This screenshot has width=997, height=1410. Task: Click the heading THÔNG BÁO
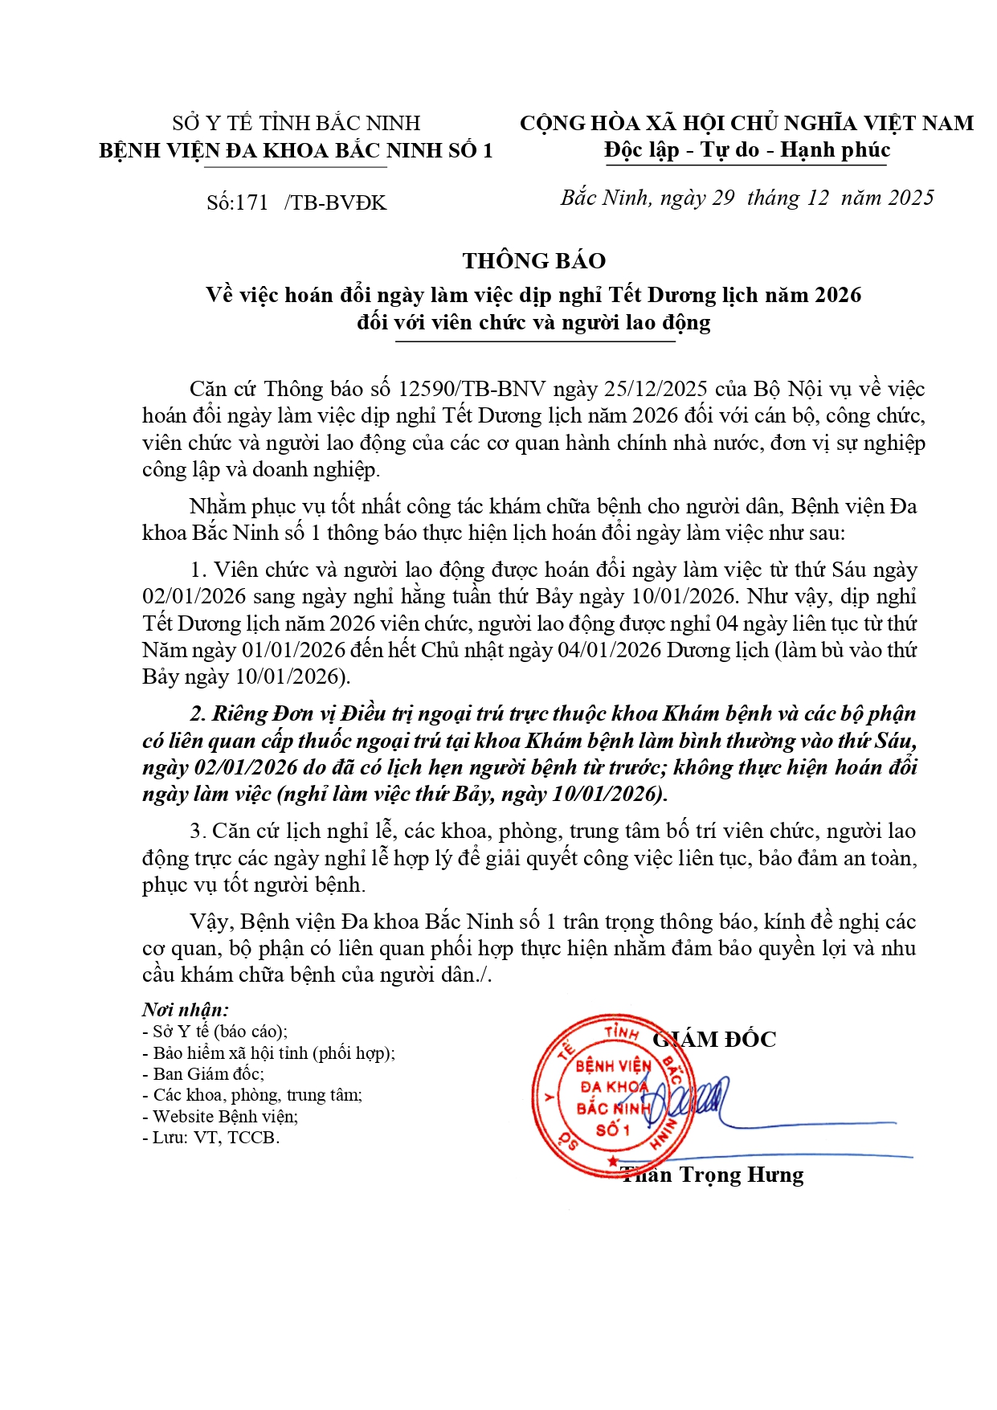[534, 261]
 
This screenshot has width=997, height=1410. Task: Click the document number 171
[252, 202]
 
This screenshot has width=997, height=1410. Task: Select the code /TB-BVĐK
[335, 202]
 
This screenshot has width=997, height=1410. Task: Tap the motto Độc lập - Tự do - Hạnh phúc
[747, 150]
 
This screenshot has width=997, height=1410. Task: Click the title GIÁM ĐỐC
[715, 1040]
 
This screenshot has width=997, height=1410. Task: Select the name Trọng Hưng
[741, 1175]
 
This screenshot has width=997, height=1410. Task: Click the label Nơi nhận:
[186, 1010]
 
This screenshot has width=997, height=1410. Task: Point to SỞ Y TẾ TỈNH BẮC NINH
[296, 123]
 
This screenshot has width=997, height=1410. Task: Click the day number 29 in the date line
[723, 198]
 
